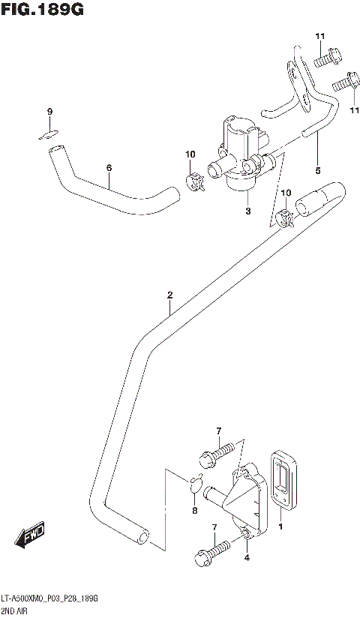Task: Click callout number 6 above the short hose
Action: pos(109,168)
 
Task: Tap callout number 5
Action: pos(317,170)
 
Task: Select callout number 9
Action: pos(50,112)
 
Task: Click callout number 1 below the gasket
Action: pos(282,527)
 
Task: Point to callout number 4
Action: pos(247,556)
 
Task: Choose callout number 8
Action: pos(195,511)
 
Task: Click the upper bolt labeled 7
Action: pos(217,454)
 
